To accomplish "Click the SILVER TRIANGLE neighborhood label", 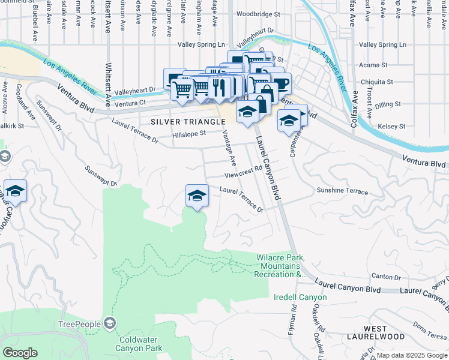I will click(183, 121).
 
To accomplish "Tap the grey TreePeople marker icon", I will click(110, 324).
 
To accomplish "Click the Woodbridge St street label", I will click(258, 13).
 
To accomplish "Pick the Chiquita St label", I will click(377, 82).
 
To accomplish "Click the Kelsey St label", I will click(393, 127).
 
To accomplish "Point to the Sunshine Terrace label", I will click(342, 191).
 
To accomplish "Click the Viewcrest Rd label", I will click(244, 173).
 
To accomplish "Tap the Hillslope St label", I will click(188, 134).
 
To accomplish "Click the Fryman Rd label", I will click(294, 318).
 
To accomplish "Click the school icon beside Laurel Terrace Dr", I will click(197, 196).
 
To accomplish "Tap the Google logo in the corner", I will click(20, 353).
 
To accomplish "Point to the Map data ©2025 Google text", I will click(411, 355).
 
